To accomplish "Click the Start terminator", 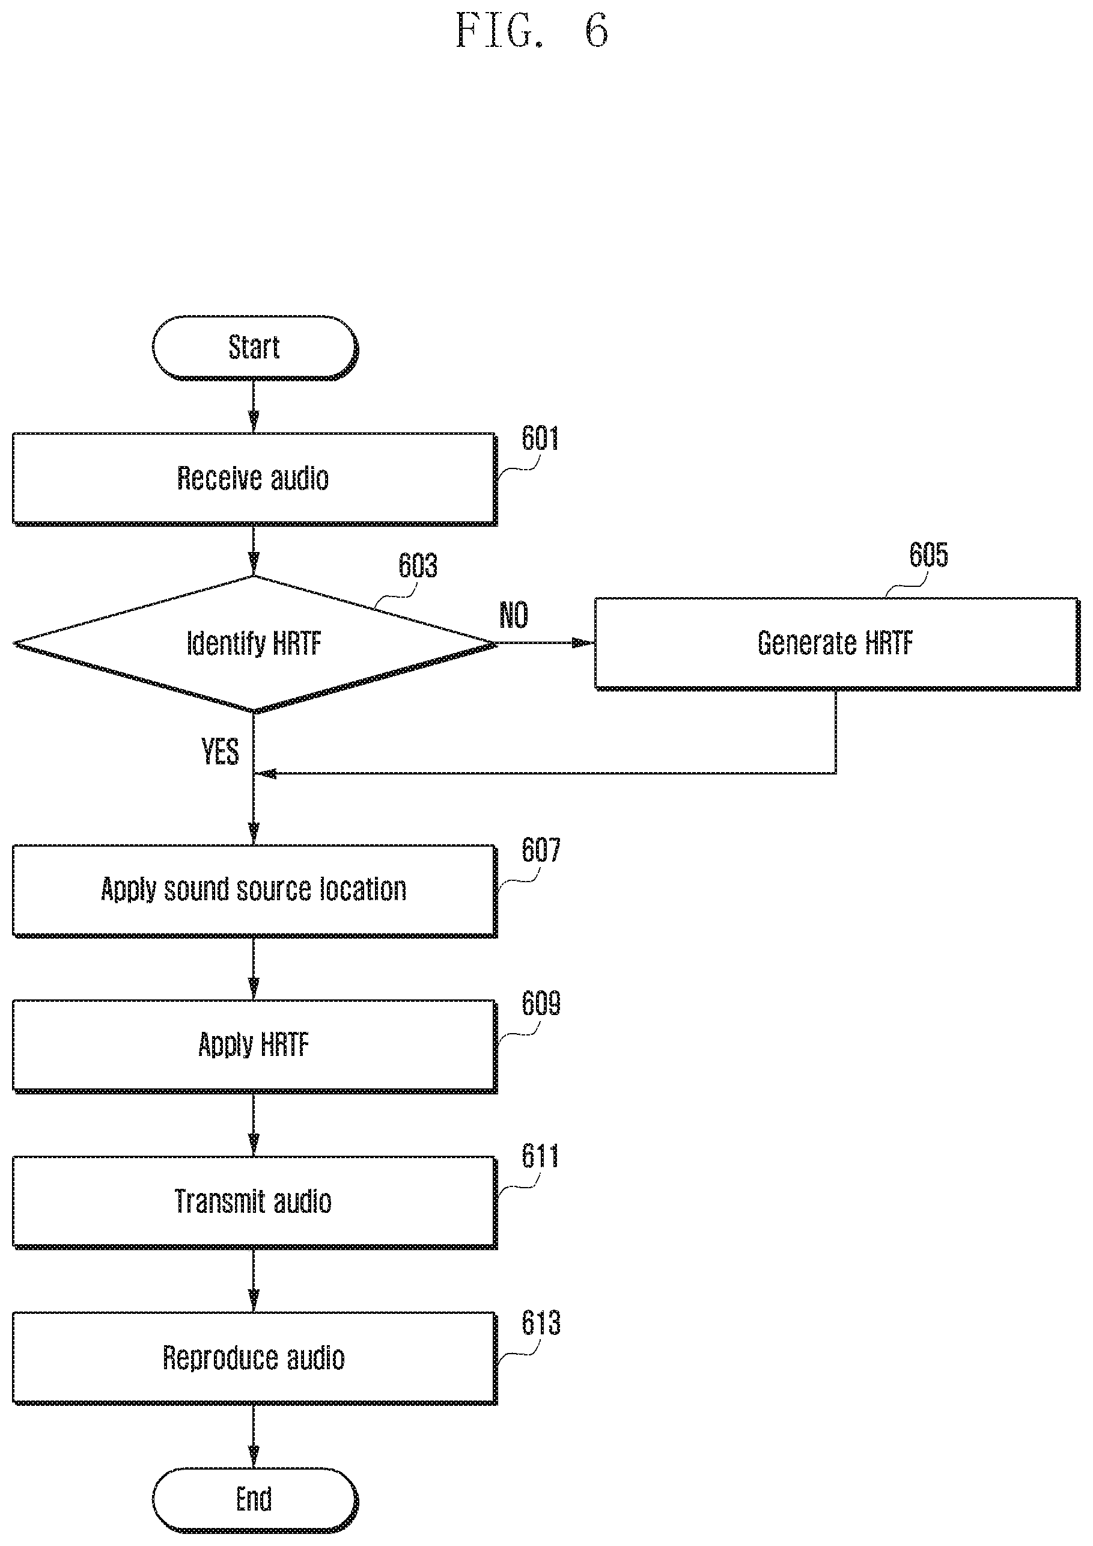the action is (x=255, y=348).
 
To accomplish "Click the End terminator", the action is (x=255, y=1499).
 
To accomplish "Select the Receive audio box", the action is (x=254, y=479).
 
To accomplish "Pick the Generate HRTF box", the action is (x=837, y=644).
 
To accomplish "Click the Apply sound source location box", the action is (x=254, y=891).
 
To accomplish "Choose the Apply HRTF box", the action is (x=254, y=1046).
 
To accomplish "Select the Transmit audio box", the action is (x=254, y=1202).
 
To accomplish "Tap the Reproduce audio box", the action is (x=254, y=1358).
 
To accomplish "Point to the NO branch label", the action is (x=514, y=615).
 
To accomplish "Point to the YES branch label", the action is (x=220, y=752).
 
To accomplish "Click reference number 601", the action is (x=540, y=438).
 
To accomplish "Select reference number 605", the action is (x=929, y=555).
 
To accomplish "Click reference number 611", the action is (x=540, y=1157).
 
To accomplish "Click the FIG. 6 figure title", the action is (x=532, y=30).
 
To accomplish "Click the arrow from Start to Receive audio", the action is (x=254, y=406).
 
